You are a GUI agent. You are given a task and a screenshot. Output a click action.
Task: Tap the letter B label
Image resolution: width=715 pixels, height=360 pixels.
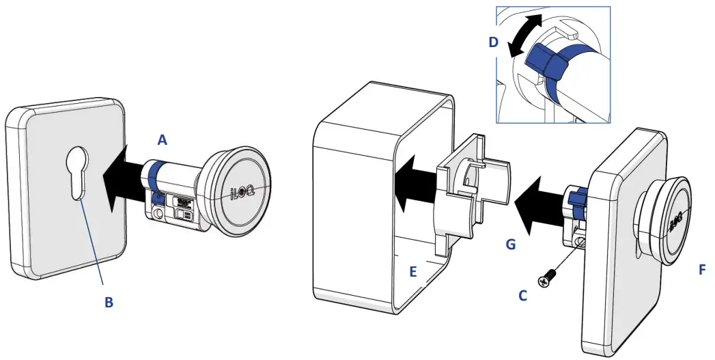tap(109, 302)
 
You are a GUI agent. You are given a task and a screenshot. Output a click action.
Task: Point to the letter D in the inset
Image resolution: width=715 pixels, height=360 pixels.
tap(494, 42)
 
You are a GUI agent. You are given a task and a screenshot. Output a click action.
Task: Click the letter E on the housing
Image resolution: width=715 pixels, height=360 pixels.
tap(412, 271)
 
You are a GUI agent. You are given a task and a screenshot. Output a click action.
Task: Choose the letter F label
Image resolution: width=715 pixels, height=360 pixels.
tap(702, 269)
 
